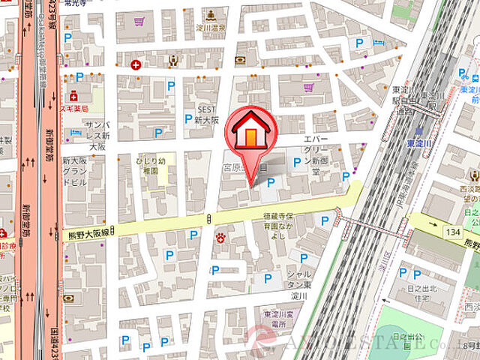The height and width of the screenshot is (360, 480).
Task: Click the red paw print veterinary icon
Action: click(x=221, y=238)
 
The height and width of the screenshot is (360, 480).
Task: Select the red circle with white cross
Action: click(x=136, y=65)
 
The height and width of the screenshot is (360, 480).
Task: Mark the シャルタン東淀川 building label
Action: click(x=301, y=284)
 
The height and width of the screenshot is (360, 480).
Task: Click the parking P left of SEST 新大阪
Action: click(x=188, y=118)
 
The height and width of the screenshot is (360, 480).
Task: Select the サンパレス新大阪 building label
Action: click(x=95, y=135)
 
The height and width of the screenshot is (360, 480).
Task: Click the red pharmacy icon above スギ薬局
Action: click(x=74, y=96)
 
